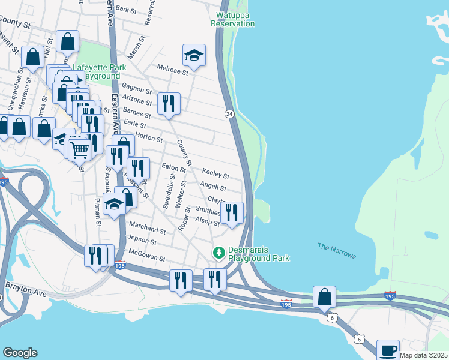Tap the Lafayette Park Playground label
pyautogui.click(x=96, y=73)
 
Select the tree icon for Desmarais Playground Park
pyautogui.click(x=220, y=252)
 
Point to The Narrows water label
pyautogui.click(x=337, y=251)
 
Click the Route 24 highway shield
pyautogui.click(x=229, y=113)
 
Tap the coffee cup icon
pyautogui.click(x=388, y=350)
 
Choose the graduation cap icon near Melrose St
pyautogui.click(x=194, y=55)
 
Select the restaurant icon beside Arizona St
pyautogui.click(x=169, y=103)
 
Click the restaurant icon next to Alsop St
pyautogui.click(x=232, y=212)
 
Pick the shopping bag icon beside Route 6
pyautogui.click(x=324, y=296)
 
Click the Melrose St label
pyautogui.click(x=173, y=70)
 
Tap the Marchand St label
pyautogui.click(x=147, y=229)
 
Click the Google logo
pyautogui.click(x=20, y=353)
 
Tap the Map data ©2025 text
pyautogui.click(x=423, y=355)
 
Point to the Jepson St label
pyautogui.click(x=142, y=242)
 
